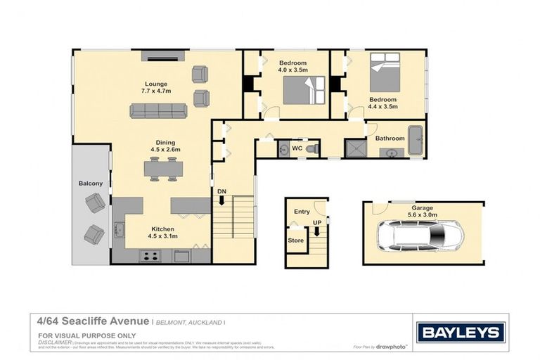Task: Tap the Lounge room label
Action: [x=156, y=84]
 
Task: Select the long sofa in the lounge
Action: [x=158, y=111]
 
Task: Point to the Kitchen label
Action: [x=161, y=229]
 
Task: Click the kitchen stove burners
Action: [x=150, y=256]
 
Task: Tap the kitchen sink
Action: [x=119, y=229]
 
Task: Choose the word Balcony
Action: [x=90, y=184]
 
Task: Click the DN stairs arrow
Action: [x=221, y=200]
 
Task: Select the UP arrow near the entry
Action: [x=316, y=230]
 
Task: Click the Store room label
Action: [x=295, y=239]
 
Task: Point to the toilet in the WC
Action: [x=313, y=149]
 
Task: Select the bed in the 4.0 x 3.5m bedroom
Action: [x=304, y=89]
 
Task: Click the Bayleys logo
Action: [x=461, y=333]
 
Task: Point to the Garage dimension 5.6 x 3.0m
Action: [x=422, y=214]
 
